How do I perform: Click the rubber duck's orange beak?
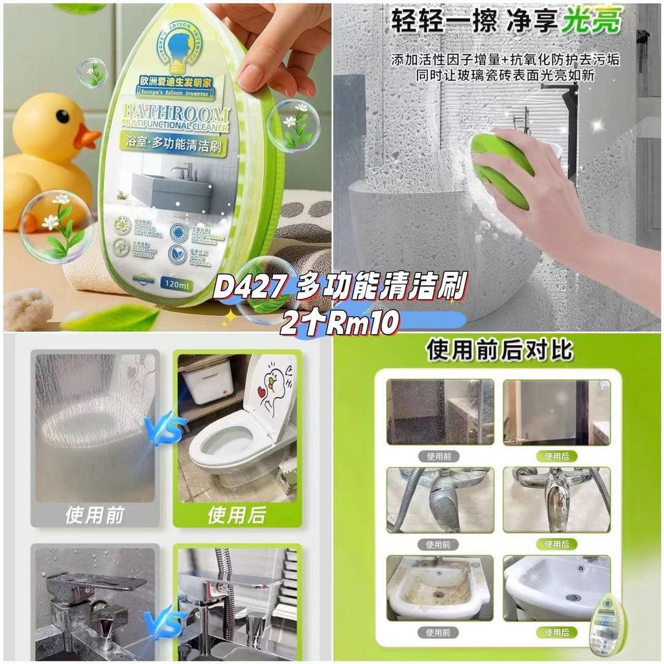[x=86, y=136]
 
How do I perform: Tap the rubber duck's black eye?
[x=62, y=116]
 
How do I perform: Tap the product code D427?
[x=250, y=288]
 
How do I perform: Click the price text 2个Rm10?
[x=338, y=322]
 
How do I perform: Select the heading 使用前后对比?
[x=499, y=350]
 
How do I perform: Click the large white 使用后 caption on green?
[x=237, y=515]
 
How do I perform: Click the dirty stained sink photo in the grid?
[x=439, y=587]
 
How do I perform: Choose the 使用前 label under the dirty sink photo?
[x=439, y=632]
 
